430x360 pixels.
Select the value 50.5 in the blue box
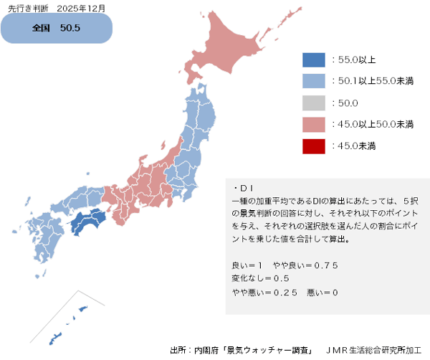70,29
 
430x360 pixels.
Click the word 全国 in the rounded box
42,29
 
